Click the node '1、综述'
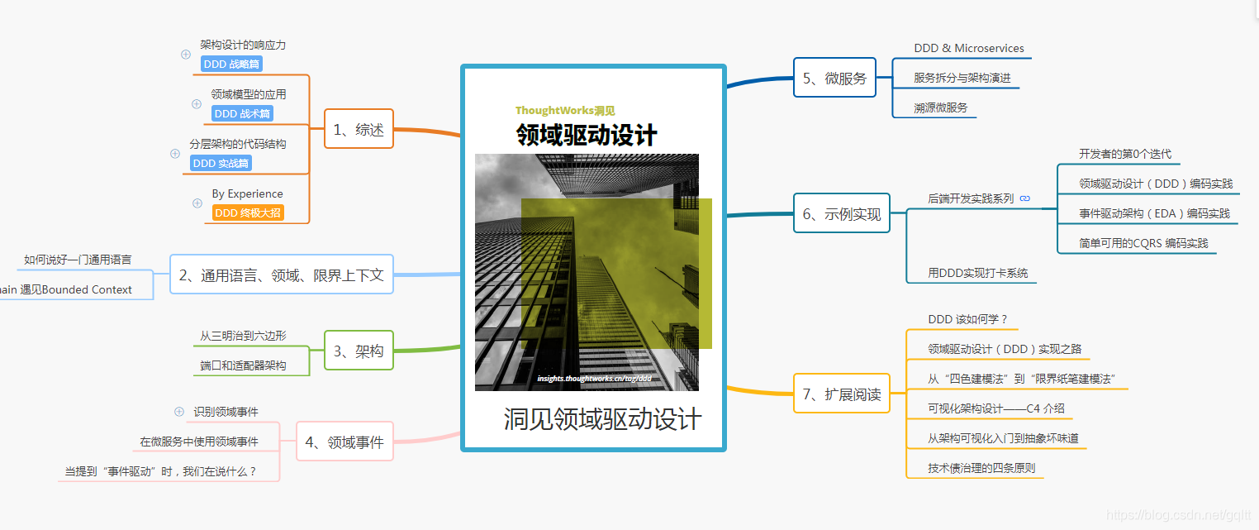pos(359,129)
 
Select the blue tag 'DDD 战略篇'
pos(231,64)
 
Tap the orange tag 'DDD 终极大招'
pos(248,212)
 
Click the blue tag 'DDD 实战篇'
pos(221,163)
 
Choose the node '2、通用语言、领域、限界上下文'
pos(282,275)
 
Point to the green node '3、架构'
pos(359,351)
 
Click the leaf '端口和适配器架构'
pos(243,365)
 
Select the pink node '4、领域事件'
pos(344,442)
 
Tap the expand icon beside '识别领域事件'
pos(179,411)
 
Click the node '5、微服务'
pos(834,79)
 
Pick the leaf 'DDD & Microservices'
pos(969,49)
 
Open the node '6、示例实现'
pos(842,213)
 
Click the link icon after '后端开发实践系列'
pos(1025,198)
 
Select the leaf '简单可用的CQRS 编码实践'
pos(1143,243)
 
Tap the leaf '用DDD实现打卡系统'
pos(978,273)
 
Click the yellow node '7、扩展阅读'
pos(842,394)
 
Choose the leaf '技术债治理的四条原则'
pos(981,468)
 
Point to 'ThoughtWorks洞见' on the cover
pos(565,111)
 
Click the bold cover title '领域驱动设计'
pos(587,135)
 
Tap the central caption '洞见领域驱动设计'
pos(602,418)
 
